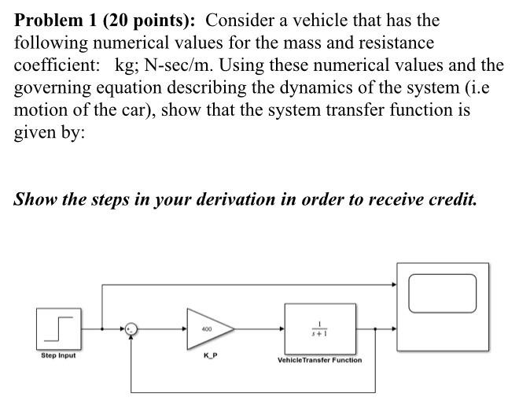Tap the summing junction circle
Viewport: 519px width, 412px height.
click(131, 329)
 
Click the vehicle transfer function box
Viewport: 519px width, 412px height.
click(319, 328)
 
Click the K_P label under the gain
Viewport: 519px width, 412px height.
click(210, 358)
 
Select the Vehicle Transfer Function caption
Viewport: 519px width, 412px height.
click(319, 360)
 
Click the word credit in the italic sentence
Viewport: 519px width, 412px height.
click(451, 198)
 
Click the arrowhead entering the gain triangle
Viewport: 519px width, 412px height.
click(182, 329)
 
